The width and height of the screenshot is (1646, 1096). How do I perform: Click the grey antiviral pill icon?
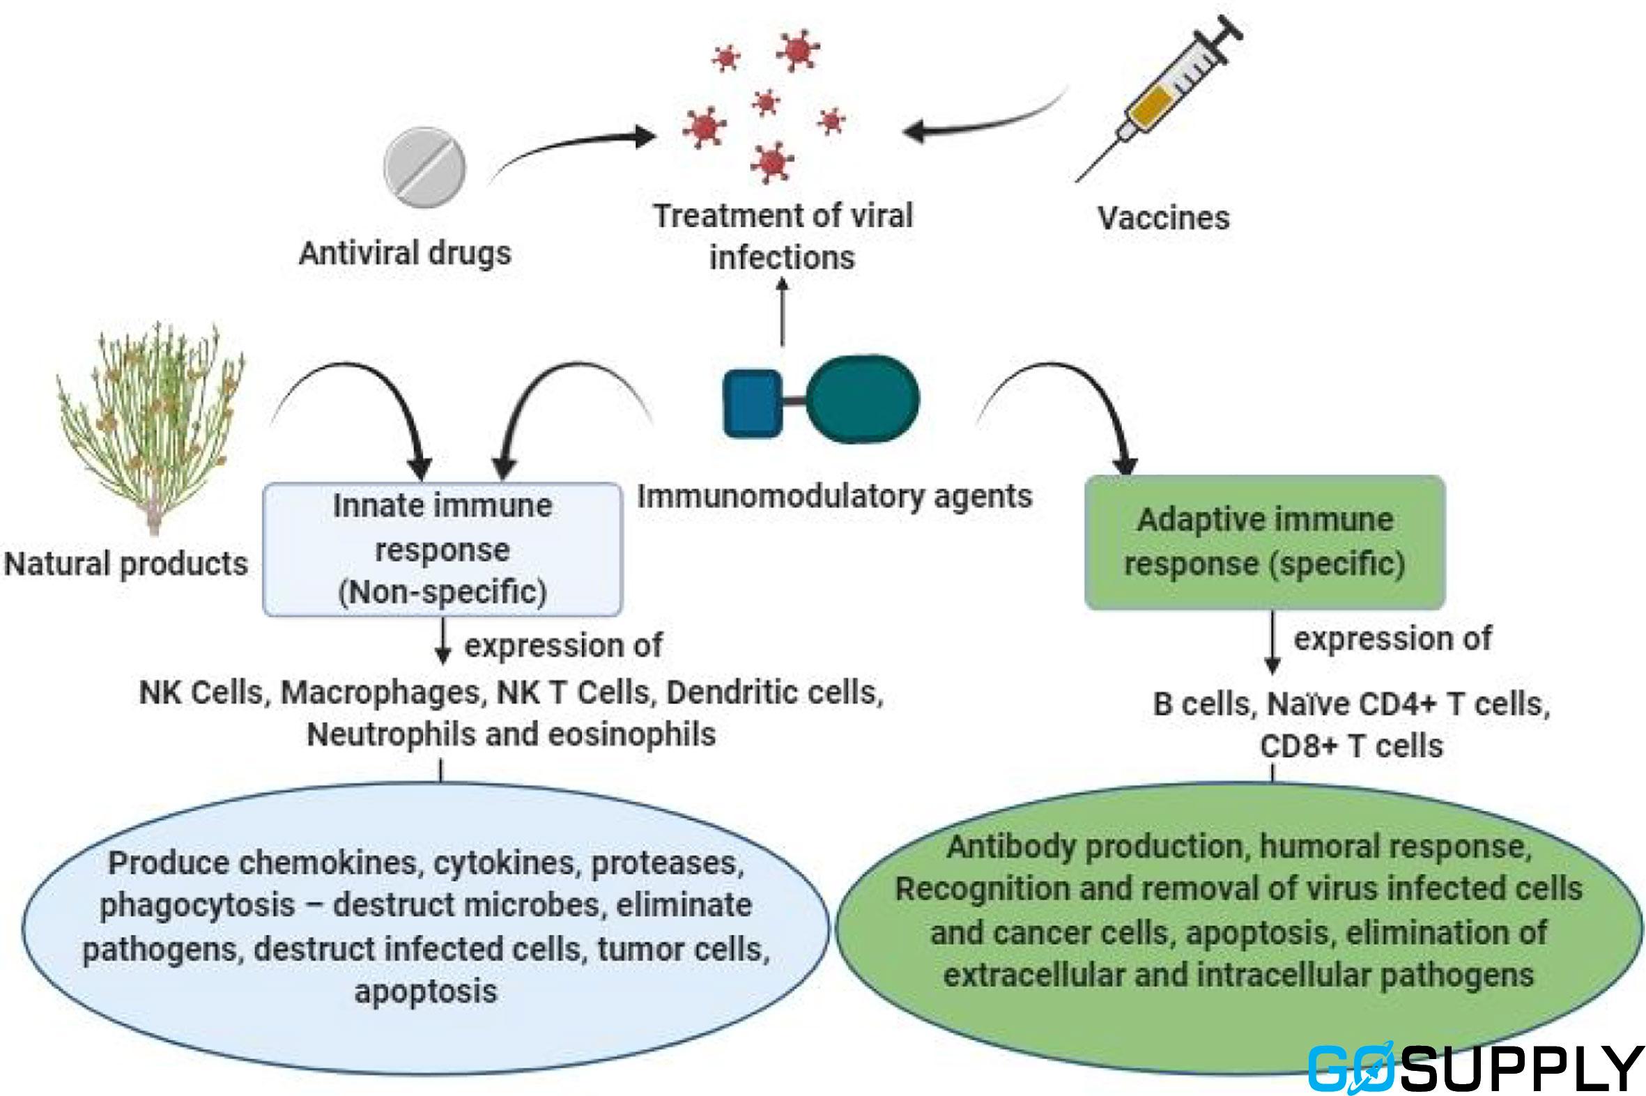coord(424,167)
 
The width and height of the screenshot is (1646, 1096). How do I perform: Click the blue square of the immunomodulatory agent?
coord(752,404)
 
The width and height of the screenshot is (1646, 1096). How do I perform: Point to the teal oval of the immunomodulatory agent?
coord(863,399)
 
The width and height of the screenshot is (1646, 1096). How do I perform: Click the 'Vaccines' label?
coord(1163,218)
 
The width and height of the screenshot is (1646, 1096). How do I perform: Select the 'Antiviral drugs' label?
coord(405,253)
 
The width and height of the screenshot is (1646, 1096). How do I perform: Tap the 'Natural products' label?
coord(126,564)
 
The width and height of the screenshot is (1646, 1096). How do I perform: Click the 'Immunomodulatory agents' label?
coord(835,497)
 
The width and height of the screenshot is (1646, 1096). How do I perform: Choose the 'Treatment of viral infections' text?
coord(783,236)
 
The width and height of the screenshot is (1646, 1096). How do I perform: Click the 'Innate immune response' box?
coord(442,550)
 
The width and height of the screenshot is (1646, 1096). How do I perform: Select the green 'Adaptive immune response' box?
coord(1264,542)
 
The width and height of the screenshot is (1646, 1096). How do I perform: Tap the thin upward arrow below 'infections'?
coord(782,311)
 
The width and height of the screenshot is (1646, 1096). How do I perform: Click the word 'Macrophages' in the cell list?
coord(381,693)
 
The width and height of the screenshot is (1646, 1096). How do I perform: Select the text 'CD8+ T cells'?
coord(1351,746)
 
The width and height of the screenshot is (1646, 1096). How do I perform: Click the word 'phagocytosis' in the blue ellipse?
coord(197,906)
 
